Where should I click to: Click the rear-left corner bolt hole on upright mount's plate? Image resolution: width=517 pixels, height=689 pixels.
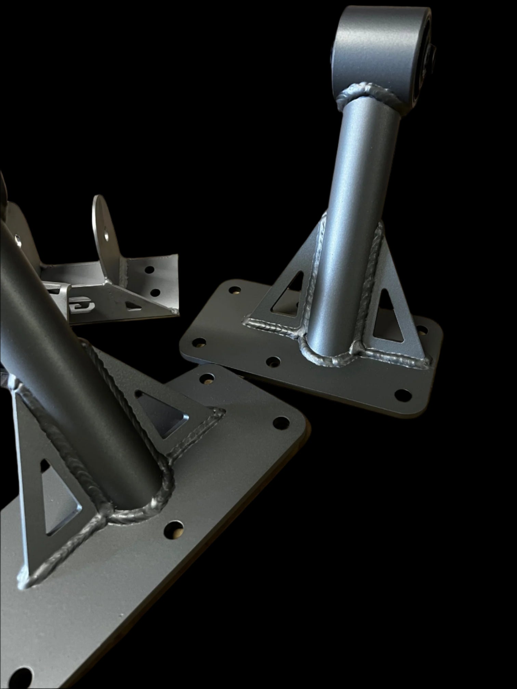point(235,290)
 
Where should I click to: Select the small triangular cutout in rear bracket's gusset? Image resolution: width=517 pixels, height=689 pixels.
point(133,305)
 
